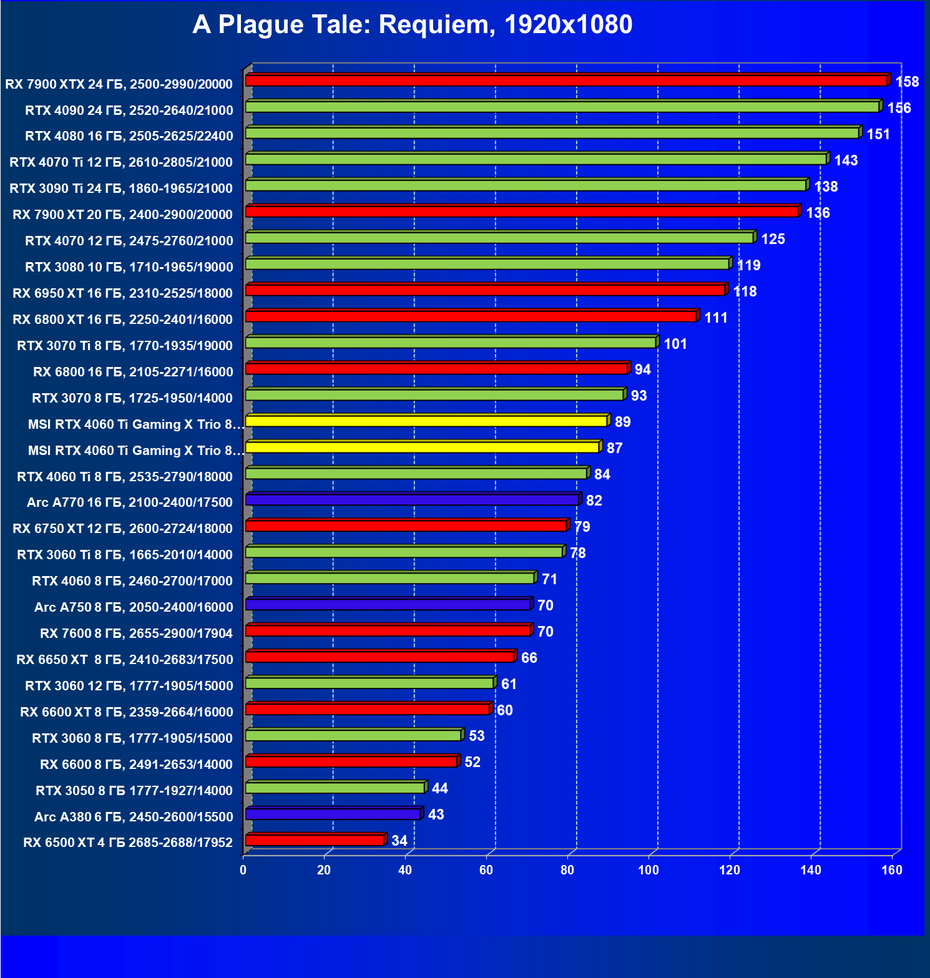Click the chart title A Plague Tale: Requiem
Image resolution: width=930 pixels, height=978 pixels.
(x=412, y=25)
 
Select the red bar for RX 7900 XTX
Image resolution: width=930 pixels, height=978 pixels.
(x=566, y=81)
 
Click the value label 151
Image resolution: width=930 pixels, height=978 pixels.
(x=878, y=134)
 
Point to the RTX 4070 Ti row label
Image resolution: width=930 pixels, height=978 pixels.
(x=121, y=162)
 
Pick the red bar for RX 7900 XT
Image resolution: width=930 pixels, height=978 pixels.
(x=522, y=212)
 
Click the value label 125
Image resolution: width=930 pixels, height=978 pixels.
(x=773, y=239)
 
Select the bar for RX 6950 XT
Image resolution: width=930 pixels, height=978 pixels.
(x=485, y=290)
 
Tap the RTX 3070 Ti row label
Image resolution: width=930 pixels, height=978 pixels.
(x=125, y=346)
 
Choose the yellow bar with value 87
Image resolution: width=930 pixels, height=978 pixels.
(x=423, y=447)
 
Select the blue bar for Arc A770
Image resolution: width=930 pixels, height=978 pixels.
(x=412, y=500)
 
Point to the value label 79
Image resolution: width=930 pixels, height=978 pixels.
(x=582, y=527)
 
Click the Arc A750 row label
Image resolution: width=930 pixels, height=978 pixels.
(x=134, y=607)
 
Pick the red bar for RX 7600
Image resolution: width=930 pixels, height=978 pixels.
(x=388, y=631)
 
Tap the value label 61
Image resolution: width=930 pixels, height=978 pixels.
(x=509, y=684)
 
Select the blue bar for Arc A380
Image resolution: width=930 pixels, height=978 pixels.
(x=333, y=814)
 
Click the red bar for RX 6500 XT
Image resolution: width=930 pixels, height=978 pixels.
(x=315, y=840)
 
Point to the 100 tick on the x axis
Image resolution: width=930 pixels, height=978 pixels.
(x=649, y=870)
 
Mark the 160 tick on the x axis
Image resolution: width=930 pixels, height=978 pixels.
(x=892, y=870)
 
